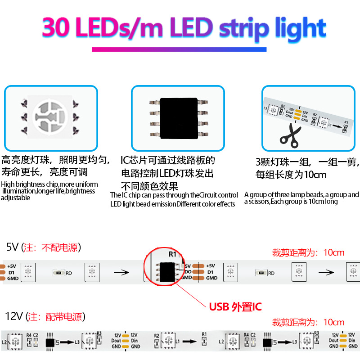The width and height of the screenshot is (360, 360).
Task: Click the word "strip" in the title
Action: coord(243,28)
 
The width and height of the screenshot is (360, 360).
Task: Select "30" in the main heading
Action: coord(58,28)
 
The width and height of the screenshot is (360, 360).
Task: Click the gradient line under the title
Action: coord(179,49)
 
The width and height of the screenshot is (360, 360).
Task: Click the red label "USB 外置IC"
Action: coord(235,307)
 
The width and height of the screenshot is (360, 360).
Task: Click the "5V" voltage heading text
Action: coord(13,247)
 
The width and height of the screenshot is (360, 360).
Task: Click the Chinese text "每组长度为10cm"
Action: coord(291,175)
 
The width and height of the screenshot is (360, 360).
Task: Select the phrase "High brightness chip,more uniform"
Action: coord(49,184)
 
